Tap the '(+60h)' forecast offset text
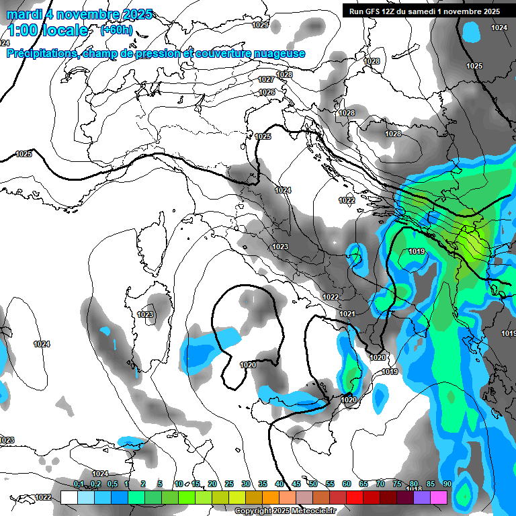116,30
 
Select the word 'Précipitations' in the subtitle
41,54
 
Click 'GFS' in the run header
377,11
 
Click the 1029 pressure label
260,25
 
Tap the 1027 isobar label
266,79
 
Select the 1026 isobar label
267,92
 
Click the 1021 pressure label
347,314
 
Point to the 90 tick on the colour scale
447,484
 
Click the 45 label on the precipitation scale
296,484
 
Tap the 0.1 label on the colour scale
79,484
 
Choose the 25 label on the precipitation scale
229,484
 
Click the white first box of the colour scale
69,497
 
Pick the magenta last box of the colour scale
439,497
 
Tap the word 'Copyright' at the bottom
254,511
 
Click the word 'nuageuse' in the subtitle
281,54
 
